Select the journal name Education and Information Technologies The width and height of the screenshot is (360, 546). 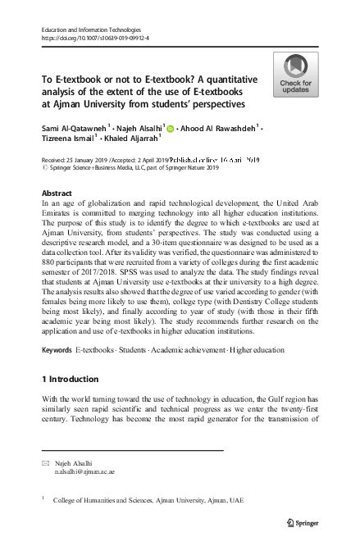(x=85, y=30)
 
